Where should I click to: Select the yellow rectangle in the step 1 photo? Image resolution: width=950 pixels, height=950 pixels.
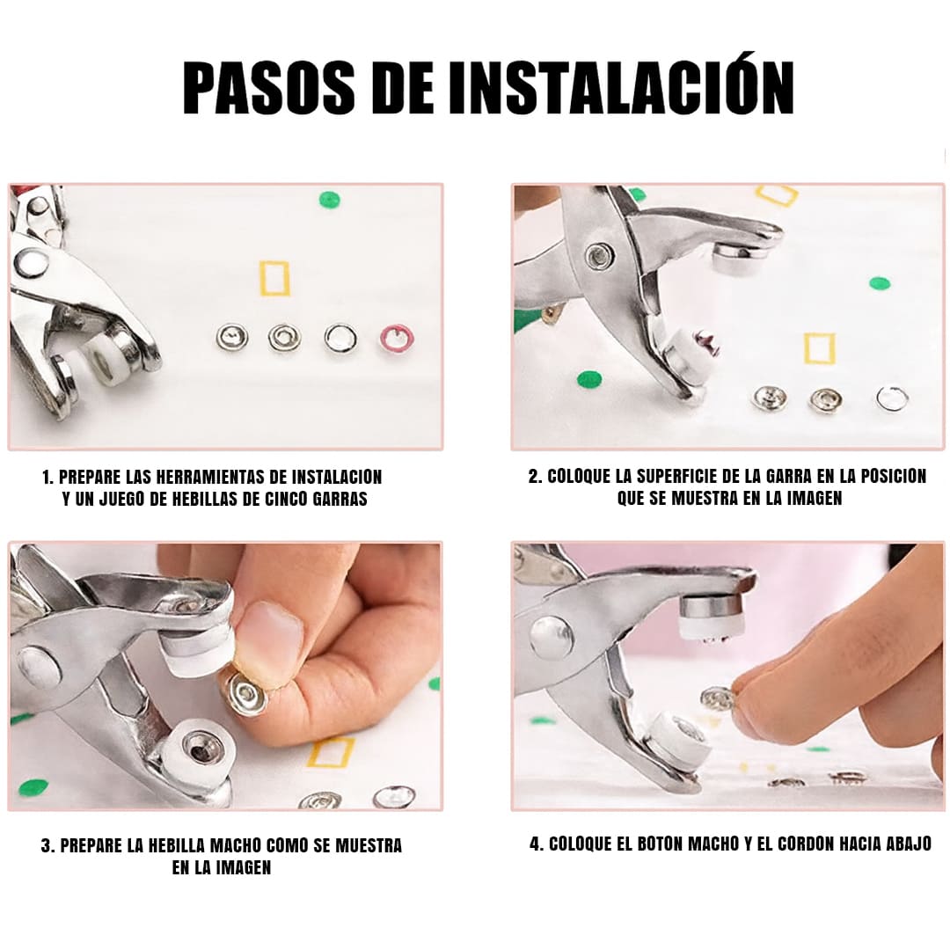point(274,278)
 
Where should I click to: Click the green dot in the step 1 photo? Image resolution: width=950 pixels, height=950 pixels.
point(330,200)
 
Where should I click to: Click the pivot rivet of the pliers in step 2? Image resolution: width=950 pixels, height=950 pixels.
point(600,255)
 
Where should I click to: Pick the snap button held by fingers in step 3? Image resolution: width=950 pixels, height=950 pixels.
point(247,693)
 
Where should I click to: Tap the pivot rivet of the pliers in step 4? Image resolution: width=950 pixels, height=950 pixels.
point(552,639)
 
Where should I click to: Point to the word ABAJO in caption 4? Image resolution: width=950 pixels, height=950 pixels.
point(909,844)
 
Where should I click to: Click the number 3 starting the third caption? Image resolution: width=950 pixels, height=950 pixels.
point(46,846)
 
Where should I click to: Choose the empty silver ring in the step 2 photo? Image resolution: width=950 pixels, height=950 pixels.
point(893,398)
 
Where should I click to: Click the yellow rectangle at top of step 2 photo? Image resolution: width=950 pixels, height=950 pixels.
point(777,194)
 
